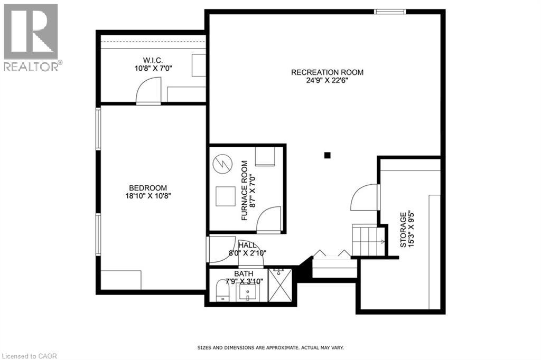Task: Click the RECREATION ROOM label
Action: pyautogui.click(x=327, y=72)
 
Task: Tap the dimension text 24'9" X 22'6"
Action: pyautogui.click(x=327, y=81)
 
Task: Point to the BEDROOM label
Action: pyautogui.click(x=148, y=188)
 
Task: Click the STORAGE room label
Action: pyautogui.click(x=403, y=230)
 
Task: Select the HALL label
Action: pyautogui.click(x=247, y=245)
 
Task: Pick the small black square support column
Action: pyautogui.click(x=328, y=155)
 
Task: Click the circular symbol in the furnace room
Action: pyautogui.click(x=221, y=164)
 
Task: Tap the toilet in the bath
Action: pyautogui.click(x=224, y=290)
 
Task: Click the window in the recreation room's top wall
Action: pyautogui.click(x=390, y=12)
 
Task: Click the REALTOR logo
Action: pyautogui.click(x=32, y=37)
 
